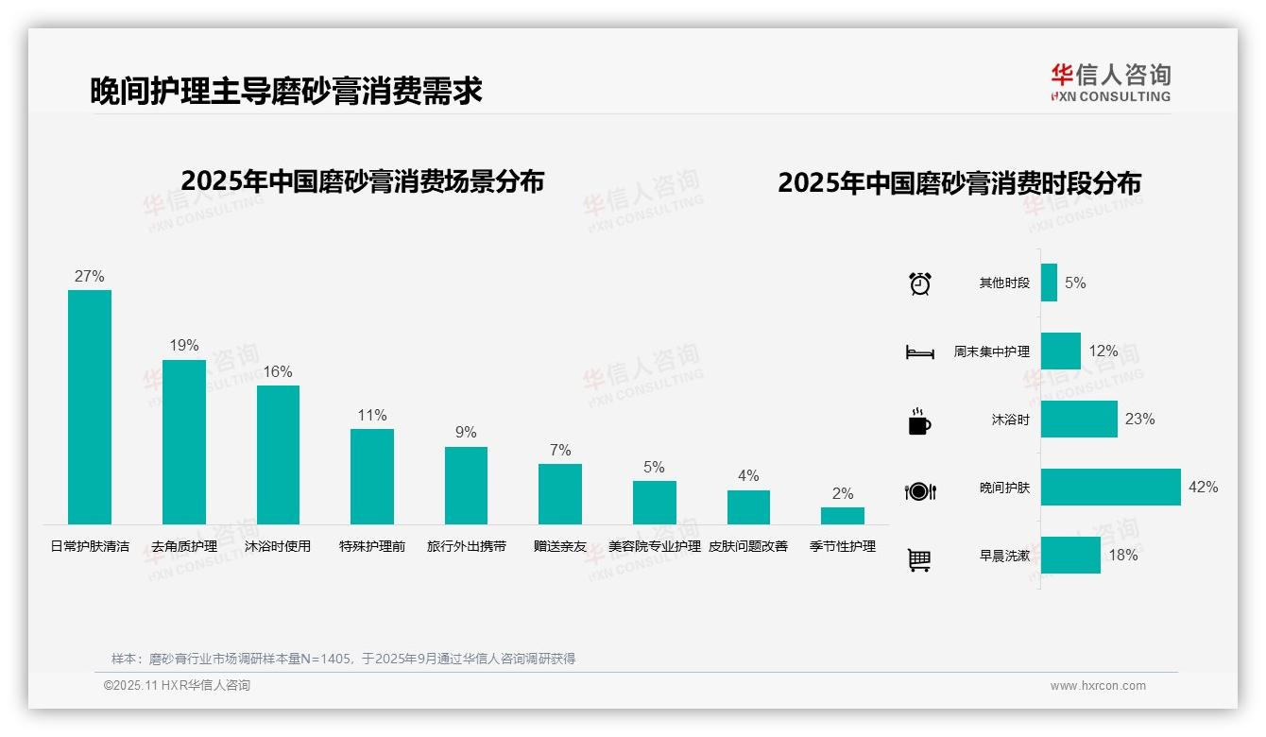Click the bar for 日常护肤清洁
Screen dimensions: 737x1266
click(x=90, y=406)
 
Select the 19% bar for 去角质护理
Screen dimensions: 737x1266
click(x=183, y=441)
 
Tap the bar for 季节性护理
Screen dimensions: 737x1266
click(x=842, y=515)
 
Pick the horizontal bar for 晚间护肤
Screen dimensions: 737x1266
click(x=1110, y=487)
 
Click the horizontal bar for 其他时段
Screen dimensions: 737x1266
click(x=1049, y=283)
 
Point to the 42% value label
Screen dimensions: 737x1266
click(x=1204, y=488)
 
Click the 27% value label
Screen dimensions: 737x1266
click(x=89, y=277)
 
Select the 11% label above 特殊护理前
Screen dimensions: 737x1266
click(x=372, y=416)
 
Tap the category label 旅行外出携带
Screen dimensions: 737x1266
click(x=466, y=546)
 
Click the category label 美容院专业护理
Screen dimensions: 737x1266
click(x=655, y=546)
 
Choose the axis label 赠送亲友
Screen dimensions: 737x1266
click(x=560, y=546)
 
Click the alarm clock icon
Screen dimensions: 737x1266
click(x=919, y=283)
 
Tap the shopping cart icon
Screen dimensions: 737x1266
click(x=918, y=559)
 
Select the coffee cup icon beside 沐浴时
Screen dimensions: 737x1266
click(x=918, y=421)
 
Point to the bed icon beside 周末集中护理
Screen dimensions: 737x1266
click(x=919, y=352)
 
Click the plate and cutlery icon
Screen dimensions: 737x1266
click(x=919, y=490)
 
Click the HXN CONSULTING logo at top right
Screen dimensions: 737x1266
click(x=1110, y=83)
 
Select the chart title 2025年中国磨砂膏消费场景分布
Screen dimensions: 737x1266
click(x=362, y=181)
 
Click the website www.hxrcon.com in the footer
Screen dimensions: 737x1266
click(x=1098, y=686)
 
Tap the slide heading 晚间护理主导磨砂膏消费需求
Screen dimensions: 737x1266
click(x=286, y=91)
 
